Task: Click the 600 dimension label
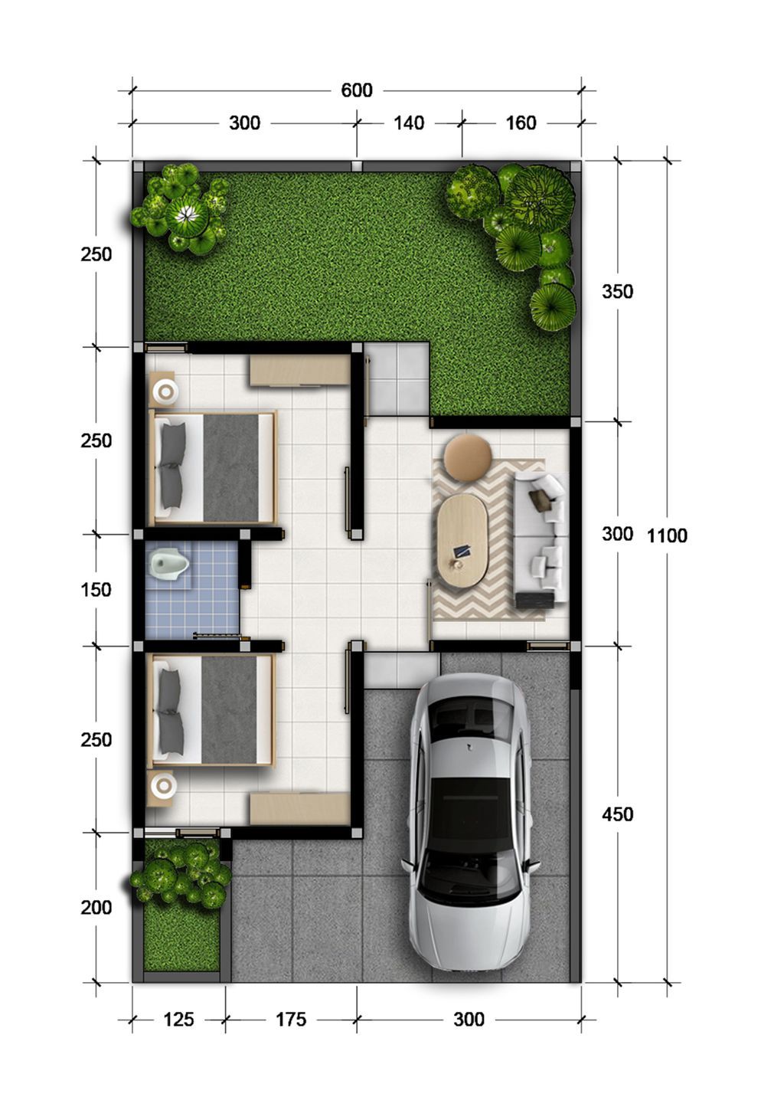[357, 90]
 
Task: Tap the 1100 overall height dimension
[667, 535]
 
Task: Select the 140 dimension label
[409, 123]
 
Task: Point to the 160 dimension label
[521, 123]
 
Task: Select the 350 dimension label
[618, 291]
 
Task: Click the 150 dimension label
[96, 590]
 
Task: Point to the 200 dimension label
[96, 908]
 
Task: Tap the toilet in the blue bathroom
[169, 564]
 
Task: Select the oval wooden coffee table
[462, 541]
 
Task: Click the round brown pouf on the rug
[468, 457]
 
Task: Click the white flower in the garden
[187, 214]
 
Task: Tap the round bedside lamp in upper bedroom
[165, 392]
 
